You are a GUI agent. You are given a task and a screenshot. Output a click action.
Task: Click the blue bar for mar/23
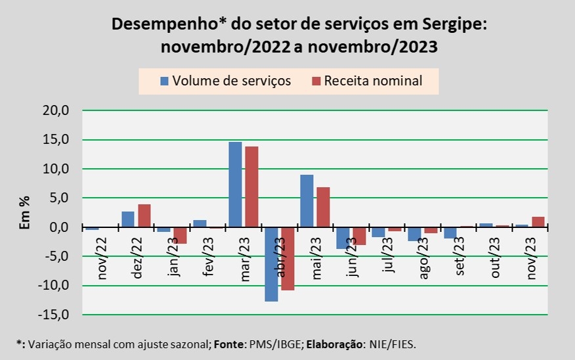(235, 185)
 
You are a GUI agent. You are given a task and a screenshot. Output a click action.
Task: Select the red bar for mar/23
(251, 187)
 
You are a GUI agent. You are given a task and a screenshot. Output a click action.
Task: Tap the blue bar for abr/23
(271, 264)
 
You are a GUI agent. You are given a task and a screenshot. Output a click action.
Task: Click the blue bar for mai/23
(307, 201)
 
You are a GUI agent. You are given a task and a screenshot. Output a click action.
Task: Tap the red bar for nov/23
(538, 222)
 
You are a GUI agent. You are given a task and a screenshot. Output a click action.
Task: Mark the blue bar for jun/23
(343, 238)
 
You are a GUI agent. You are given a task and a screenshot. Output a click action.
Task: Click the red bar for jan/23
(180, 235)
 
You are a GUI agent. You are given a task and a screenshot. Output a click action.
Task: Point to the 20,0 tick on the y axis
(56, 111)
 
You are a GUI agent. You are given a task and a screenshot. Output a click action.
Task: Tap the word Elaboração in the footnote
(333, 344)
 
